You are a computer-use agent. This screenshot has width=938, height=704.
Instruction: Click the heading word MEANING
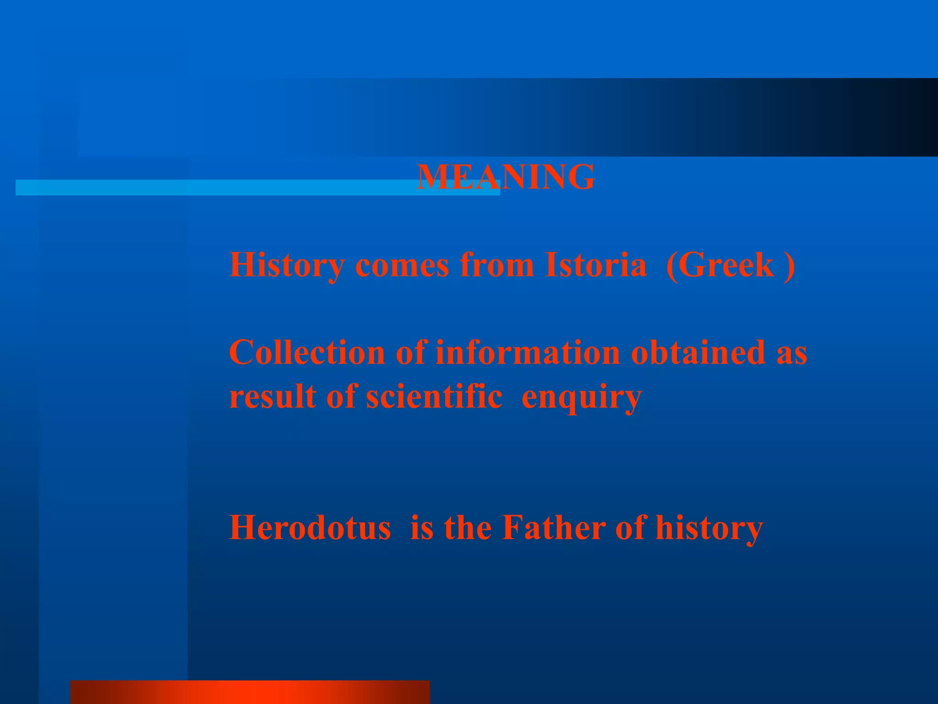[x=506, y=177]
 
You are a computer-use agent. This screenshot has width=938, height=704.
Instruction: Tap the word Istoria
[x=595, y=265]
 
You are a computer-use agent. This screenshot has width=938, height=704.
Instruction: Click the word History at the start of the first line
[x=287, y=266]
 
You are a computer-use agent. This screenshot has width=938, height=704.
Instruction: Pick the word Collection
[x=307, y=353]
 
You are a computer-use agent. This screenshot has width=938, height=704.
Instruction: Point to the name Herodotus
[x=310, y=528]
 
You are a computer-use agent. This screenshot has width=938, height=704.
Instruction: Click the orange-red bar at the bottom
[x=250, y=692]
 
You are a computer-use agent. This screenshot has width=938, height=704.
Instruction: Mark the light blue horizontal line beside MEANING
[x=215, y=187]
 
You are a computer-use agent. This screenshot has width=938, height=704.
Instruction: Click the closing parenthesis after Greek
[x=789, y=266]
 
